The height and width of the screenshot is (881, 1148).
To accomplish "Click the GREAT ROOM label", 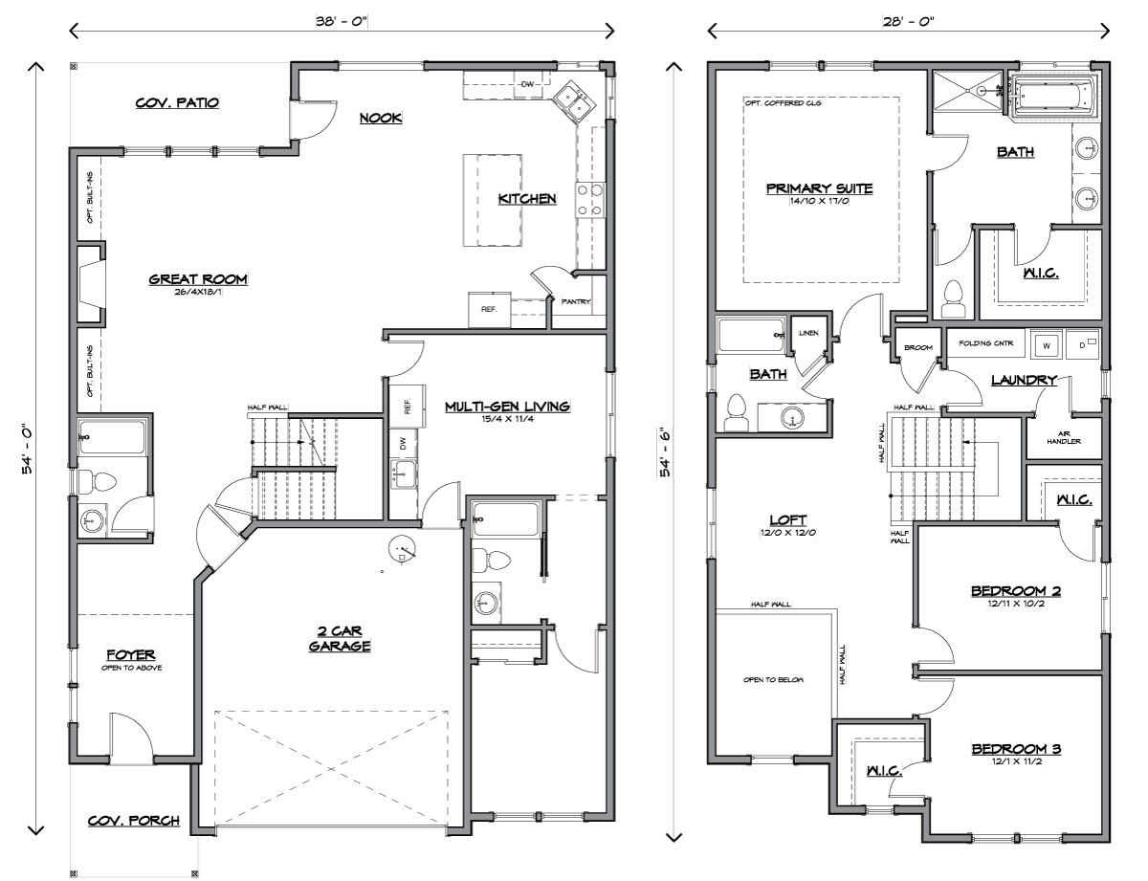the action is [198, 279].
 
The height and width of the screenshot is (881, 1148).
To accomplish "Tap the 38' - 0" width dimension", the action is [342, 22].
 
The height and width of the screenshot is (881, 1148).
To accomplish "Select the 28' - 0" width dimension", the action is [908, 22].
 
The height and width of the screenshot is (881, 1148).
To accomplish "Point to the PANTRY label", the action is [576, 301].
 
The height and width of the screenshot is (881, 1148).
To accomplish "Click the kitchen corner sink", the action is [574, 102].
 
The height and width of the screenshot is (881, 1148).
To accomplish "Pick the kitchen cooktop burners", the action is [590, 200].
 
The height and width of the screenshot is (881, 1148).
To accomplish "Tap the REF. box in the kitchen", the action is [489, 310].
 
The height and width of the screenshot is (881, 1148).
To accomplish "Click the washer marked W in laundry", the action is [1046, 345].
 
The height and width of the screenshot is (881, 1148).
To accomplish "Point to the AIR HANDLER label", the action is [1064, 438].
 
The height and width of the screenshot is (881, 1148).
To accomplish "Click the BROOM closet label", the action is [918, 347].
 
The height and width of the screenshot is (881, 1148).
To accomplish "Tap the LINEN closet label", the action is [808, 333].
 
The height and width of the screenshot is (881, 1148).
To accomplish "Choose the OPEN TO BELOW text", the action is [773, 680].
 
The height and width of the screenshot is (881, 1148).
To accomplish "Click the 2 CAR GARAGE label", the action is [340, 639].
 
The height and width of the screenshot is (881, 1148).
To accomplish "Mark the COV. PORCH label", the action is [134, 821].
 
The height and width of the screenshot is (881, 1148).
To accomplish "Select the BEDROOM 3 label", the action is [1016, 748].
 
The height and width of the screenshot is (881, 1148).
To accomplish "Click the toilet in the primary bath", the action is [953, 299].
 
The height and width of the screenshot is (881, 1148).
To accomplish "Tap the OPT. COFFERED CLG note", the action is [783, 103].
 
